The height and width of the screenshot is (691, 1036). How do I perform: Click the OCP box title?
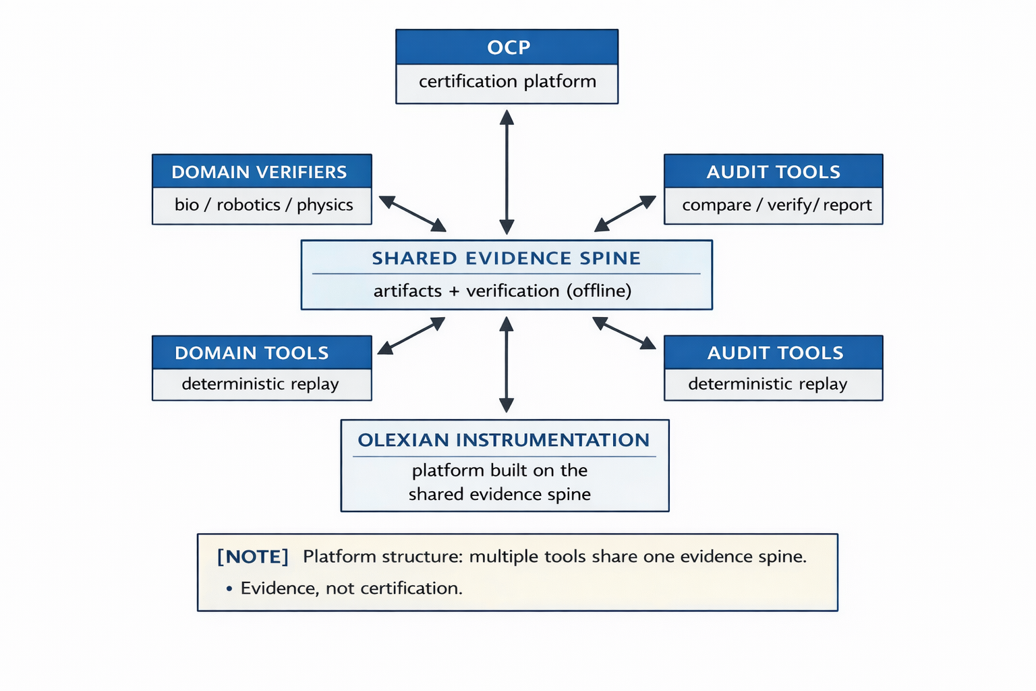(x=508, y=47)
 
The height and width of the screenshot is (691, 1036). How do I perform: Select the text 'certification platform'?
(x=507, y=82)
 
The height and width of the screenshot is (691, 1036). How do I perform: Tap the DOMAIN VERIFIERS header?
(x=259, y=172)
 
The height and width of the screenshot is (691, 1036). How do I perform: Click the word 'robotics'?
(x=248, y=204)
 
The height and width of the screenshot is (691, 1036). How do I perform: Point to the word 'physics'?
(x=324, y=204)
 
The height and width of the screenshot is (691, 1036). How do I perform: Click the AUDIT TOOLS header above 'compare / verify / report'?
(x=773, y=172)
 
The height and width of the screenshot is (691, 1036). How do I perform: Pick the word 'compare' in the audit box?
(x=716, y=204)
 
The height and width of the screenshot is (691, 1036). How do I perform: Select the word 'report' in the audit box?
(x=846, y=204)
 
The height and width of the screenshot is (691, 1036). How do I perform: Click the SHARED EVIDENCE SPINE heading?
(x=506, y=258)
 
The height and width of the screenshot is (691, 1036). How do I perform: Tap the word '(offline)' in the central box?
(x=599, y=291)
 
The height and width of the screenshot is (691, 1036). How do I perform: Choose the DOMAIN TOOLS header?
(x=252, y=353)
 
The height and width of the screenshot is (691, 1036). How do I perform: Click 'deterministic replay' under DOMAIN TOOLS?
(x=260, y=384)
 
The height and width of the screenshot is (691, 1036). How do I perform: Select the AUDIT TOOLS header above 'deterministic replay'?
(x=774, y=353)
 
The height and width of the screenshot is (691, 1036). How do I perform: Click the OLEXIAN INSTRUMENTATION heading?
(x=503, y=440)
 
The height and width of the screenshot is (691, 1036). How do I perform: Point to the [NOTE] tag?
(x=253, y=557)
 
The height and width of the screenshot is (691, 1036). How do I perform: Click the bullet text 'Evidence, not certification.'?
(x=351, y=588)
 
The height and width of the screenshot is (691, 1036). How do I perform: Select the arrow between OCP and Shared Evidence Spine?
(x=507, y=172)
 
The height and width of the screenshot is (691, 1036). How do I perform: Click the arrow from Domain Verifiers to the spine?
(x=412, y=213)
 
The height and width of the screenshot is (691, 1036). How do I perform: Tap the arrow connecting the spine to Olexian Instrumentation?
(x=507, y=364)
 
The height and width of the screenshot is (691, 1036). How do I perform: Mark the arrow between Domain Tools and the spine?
(x=411, y=335)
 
